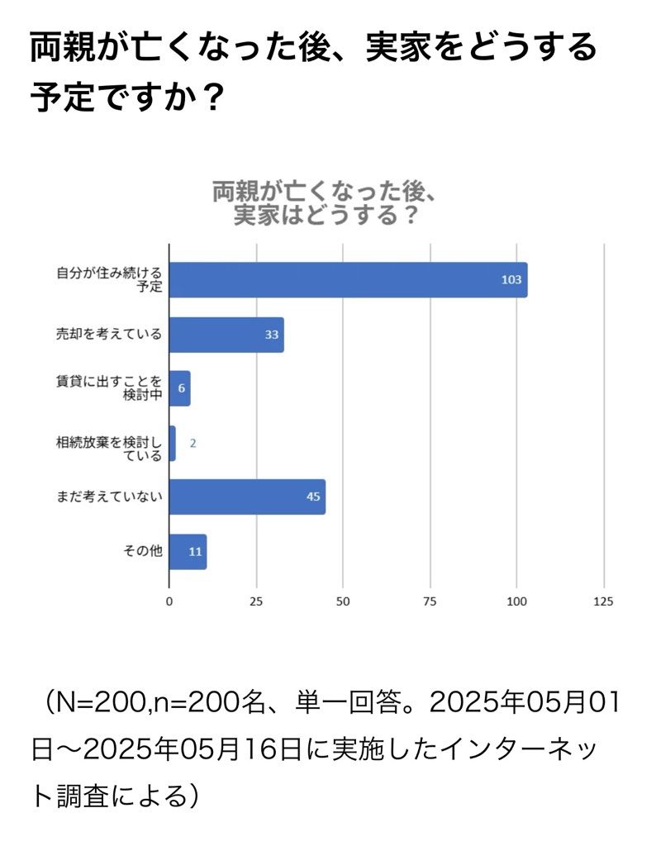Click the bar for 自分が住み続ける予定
(x=347, y=280)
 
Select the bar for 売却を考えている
(x=226, y=335)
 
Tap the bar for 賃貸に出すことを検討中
(x=179, y=388)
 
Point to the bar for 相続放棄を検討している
(x=172, y=443)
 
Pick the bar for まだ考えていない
(x=246, y=497)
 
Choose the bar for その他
(x=188, y=551)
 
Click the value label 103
(x=511, y=280)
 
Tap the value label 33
(x=271, y=335)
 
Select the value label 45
(x=312, y=497)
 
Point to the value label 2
(x=193, y=443)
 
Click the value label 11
(x=195, y=551)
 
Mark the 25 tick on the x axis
(x=256, y=601)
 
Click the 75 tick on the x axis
(x=430, y=601)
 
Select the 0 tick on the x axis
(x=169, y=601)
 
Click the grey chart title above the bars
(x=324, y=202)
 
